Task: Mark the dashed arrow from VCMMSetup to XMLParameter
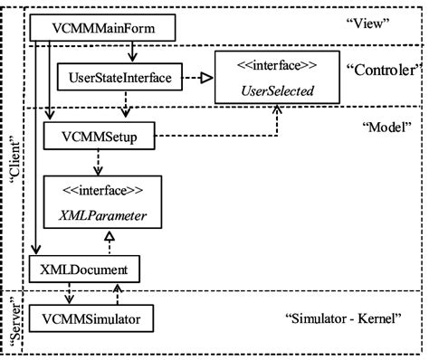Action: click(x=93, y=163)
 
